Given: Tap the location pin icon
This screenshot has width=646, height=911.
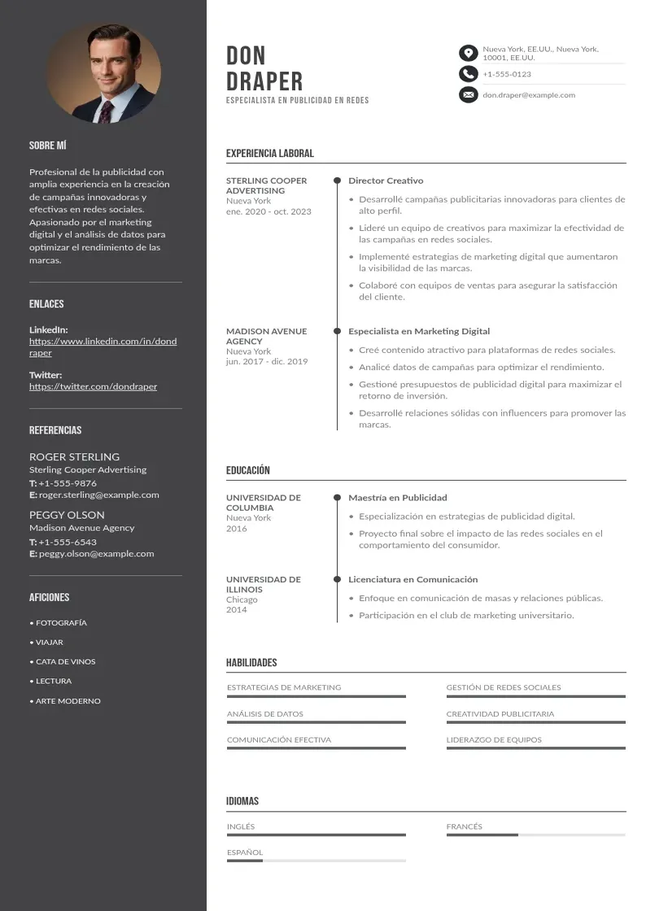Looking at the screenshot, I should [x=468, y=54].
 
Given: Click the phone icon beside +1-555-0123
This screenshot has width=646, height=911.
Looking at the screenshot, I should [x=468, y=74].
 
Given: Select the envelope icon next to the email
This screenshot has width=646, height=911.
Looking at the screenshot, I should [x=468, y=95].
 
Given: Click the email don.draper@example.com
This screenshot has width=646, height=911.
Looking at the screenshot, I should [x=529, y=95].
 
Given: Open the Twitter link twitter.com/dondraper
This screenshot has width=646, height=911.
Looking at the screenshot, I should [x=93, y=386].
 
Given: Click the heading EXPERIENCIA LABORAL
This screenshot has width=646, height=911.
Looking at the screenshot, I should [x=269, y=153].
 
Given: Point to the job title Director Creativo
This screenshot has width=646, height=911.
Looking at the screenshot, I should [x=386, y=181].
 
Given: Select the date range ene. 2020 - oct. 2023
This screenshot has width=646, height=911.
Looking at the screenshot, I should [x=268, y=211].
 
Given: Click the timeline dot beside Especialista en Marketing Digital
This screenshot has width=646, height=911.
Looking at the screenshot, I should [x=337, y=331].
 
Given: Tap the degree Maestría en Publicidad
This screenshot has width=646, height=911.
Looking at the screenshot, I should [x=397, y=498].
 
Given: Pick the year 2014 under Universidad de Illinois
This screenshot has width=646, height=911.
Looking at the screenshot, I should [x=236, y=610].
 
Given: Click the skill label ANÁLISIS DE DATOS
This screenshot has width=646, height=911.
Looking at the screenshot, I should [x=264, y=714].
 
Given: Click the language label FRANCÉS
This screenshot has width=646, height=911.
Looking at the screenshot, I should [x=464, y=826].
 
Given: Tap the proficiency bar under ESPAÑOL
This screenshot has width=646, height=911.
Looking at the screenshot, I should [x=316, y=861].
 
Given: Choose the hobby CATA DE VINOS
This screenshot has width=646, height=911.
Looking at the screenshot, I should [x=65, y=662].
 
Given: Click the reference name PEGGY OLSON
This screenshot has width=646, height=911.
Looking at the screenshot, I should [x=67, y=515].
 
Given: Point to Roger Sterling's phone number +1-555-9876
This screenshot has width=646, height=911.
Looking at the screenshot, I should [x=67, y=483].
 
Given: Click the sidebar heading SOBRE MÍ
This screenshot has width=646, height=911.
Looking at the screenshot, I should [x=47, y=146].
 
